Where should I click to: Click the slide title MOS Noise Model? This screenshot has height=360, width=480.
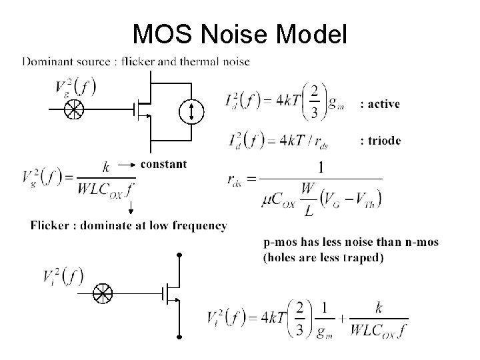(x=239, y=33)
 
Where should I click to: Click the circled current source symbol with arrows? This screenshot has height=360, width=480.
(x=192, y=111)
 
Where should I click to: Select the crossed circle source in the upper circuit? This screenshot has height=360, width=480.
(x=71, y=111)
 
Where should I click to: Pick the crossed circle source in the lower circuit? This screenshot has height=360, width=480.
(x=103, y=292)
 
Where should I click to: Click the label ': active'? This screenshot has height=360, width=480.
(x=380, y=103)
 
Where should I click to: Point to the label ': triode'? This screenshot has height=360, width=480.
(x=381, y=141)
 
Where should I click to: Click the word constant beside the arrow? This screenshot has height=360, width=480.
(x=164, y=163)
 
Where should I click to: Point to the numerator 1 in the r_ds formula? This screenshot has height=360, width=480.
(x=321, y=168)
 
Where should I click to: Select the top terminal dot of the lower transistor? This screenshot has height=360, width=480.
(x=179, y=255)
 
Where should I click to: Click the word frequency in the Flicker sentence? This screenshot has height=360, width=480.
(x=198, y=225)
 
